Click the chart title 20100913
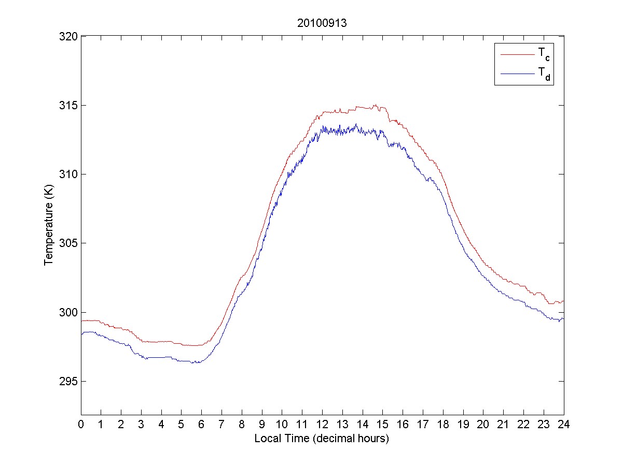pyautogui.click(x=322, y=24)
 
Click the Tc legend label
pyautogui.click(x=541, y=53)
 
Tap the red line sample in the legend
pyautogui.click(x=517, y=54)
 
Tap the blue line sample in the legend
pyautogui.click(x=517, y=75)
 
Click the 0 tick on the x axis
pyautogui.click(x=81, y=424)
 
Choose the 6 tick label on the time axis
pyautogui.click(x=202, y=424)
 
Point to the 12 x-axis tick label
pyautogui.click(x=322, y=424)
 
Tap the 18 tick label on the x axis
pyautogui.click(x=443, y=424)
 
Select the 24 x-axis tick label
pyautogui.click(x=564, y=424)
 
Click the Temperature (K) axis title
pyautogui.click(x=48, y=226)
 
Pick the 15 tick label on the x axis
pyautogui.click(x=383, y=424)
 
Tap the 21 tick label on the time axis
pyautogui.click(x=503, y=424)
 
